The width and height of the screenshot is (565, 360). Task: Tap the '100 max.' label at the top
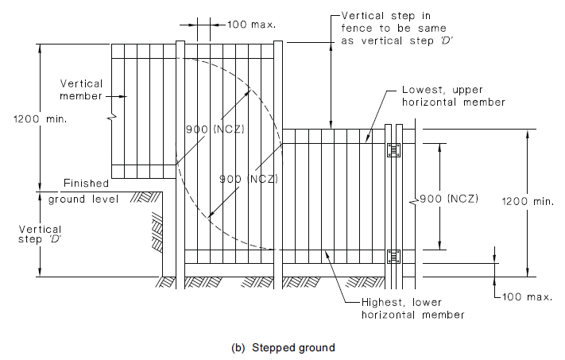251,24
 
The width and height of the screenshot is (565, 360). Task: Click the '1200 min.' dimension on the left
25,119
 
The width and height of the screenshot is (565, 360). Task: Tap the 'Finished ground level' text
84,191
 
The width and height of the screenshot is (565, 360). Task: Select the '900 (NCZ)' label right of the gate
448,199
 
